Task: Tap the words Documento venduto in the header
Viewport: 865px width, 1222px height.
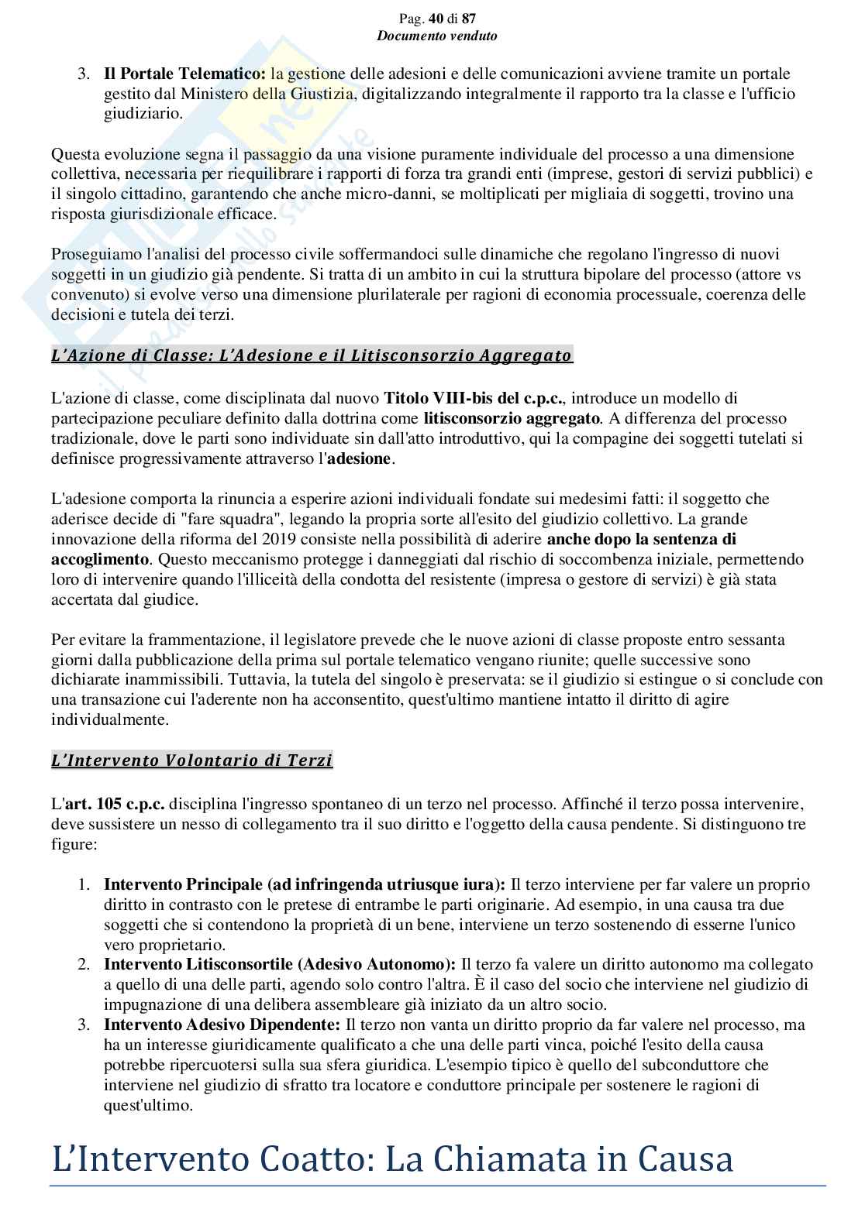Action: (x=436, y=36)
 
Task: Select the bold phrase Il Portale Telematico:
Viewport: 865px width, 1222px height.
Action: (x=185, y=74)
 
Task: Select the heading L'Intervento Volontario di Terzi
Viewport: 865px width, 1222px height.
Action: (x=192, y=760)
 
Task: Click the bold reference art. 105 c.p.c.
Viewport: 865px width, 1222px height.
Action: (x=115, y=804)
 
